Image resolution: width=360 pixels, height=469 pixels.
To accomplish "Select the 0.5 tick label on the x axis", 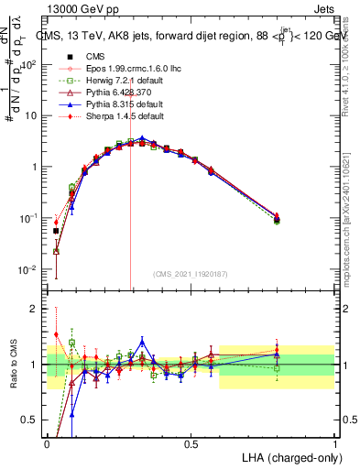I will (191, 443).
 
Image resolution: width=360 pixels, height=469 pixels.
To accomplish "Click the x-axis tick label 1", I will (334, 443).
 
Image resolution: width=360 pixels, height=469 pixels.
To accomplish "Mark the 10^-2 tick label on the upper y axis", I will (27, 270).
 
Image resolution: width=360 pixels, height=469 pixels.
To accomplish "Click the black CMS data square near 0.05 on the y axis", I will (56, 231).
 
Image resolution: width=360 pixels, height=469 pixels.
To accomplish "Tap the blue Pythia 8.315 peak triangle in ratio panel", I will (142, 340).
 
